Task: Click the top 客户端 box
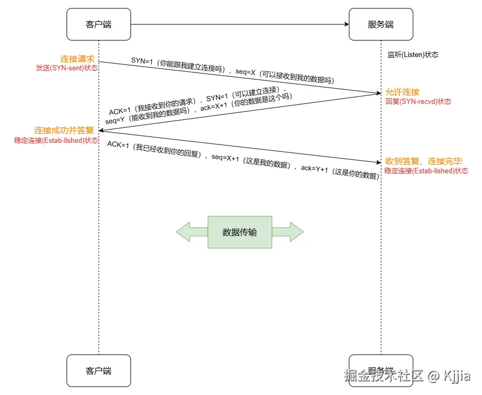click(99, 24)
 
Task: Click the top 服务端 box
click(381, 24)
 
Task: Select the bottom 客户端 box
click(99, 370)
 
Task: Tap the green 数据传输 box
click(240, 232)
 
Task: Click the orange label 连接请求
click(77, 59)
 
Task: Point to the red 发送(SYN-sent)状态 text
click(67, 68)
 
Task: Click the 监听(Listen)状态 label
click(413, 55)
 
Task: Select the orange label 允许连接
click(402, 92)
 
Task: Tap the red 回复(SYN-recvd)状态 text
click(418, 101)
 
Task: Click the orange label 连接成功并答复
click(64, 131)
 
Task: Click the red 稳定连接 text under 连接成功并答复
click(56, 140)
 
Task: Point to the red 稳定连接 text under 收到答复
click(426, 171)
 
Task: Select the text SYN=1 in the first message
click(142, 61)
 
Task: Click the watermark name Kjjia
click(456, 376)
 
